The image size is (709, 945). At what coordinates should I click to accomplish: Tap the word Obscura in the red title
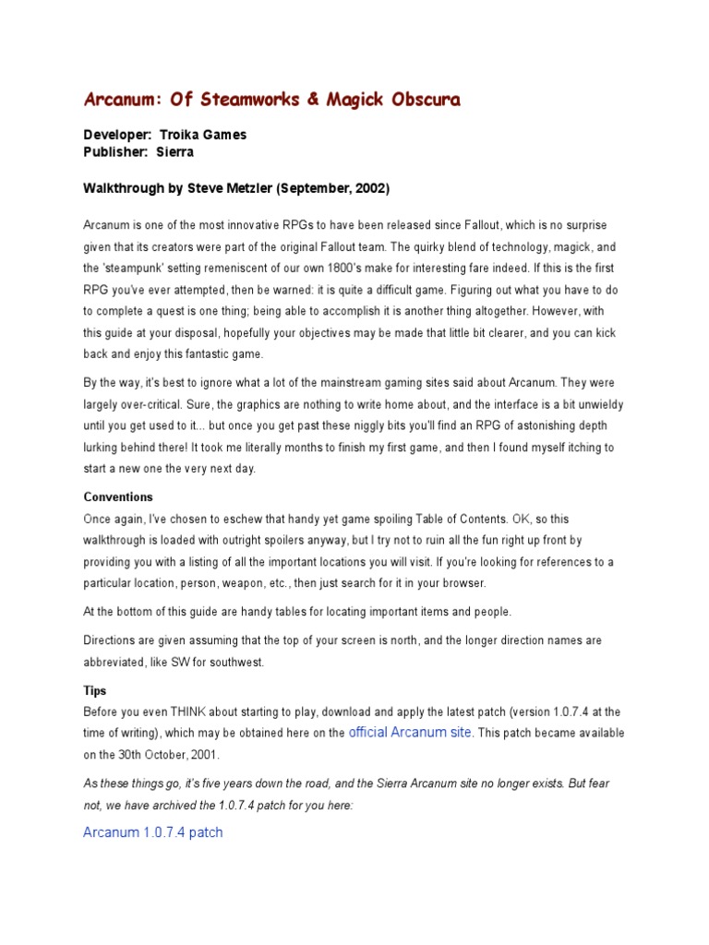click(417, 100)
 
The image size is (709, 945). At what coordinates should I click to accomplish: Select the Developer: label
click(118, 135)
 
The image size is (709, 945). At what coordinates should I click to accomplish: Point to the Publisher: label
click(116, 152)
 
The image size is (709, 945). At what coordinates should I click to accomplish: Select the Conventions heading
click(118, 496)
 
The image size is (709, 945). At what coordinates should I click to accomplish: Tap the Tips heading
click(95, 690)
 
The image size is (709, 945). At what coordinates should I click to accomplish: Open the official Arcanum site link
click(411, 732)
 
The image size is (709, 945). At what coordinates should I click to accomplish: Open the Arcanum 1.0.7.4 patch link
click(153, 831)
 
